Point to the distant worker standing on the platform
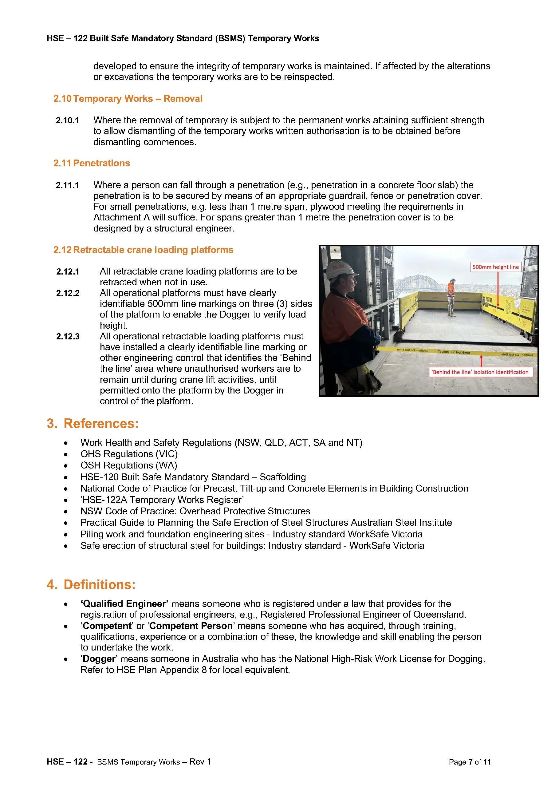(451, 297)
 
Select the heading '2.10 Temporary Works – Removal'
(128, 99)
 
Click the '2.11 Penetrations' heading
(92, 163)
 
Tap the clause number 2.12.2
(68, 293)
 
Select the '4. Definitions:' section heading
(91, 585)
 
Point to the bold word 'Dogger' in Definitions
(99, 659)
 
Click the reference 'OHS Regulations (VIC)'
(129, 454)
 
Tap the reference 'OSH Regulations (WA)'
(129, 465)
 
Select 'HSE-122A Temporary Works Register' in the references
(162, 500)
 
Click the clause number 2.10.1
(68, 120)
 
